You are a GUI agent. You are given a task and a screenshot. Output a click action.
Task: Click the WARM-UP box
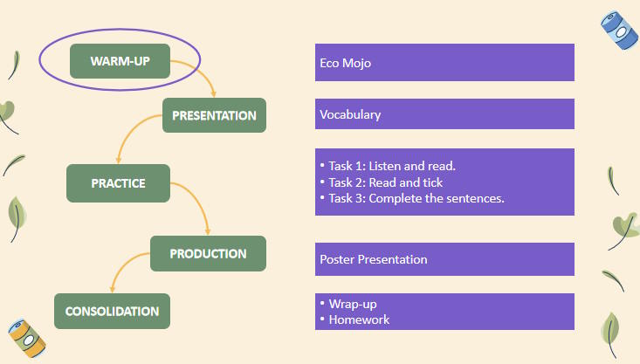click(120, 61)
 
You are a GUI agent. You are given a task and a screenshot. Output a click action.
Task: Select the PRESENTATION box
click(214, 115)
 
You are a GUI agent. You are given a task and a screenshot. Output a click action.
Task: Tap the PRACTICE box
click(118, 183)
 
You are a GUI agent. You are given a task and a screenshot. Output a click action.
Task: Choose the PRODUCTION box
click(208, 253)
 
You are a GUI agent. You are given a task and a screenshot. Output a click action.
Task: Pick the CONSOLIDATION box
click(112, 311)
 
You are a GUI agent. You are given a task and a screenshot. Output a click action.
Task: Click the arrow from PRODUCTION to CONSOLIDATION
click(122, 266)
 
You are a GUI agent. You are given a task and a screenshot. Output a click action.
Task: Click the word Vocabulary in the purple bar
click(350, 114)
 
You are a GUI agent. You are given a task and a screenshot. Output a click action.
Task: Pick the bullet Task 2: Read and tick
click(386, 182)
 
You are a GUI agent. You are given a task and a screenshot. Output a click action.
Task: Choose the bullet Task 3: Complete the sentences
click(416, 198)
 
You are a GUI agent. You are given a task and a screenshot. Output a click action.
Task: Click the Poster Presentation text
click(374, 259)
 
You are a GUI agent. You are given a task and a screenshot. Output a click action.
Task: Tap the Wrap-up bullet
click(353, 304)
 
